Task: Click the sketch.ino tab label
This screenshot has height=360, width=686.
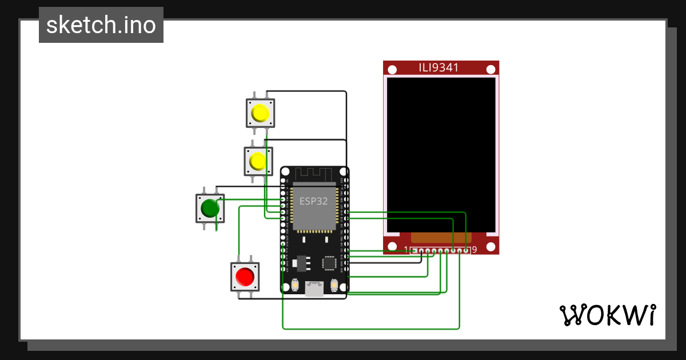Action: click(x=101, y=25)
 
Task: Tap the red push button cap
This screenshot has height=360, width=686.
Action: click(x=245, y=277)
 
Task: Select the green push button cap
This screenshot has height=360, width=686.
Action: click(x=210, y=209)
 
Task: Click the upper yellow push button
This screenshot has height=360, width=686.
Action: click(x=260, y=113)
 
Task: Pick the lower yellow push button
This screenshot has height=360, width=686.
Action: click(x=258, y=162)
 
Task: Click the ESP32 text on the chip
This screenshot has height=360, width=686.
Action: click(x=313, y=201)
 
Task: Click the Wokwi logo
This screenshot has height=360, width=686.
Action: click(x=607, y=315)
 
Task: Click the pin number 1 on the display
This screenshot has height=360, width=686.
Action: click(x=406, y=250)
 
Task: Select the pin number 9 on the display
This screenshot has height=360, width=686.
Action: click(x=474, y=250)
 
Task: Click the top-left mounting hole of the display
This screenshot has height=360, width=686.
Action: click(x=392, y=70)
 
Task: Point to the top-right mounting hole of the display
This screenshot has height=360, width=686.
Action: click(x=490, y=70)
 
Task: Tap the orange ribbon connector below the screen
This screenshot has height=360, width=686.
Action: click(x=441, y=237)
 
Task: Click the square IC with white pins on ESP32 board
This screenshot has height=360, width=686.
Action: click(x=329, y=263)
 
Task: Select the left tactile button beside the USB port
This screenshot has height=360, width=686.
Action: click(x=296, y=285)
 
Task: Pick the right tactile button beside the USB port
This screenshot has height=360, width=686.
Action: click(x=334, y=285)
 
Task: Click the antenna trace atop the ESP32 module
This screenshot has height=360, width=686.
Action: click(x=314, y=174)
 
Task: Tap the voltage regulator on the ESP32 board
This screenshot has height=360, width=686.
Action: click(x=300, y=263)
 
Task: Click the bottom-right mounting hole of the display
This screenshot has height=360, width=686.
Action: click(x=490, y=247)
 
